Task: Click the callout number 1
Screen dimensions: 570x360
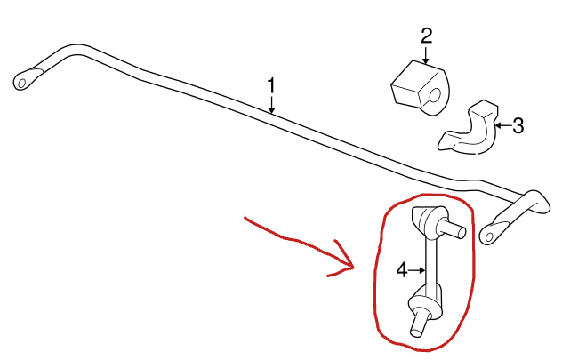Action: point(271,85)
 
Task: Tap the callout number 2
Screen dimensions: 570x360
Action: point(427,36)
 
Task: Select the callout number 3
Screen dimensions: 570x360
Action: point(518,125)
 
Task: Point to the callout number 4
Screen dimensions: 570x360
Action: point(402,270)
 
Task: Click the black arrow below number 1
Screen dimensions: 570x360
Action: point(271,105)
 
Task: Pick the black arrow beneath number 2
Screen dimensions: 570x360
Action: point(426,55)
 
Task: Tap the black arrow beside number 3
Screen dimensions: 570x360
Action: point(503,125)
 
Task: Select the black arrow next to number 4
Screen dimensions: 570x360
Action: point(417,270)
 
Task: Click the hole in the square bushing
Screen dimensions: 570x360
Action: point(435,96)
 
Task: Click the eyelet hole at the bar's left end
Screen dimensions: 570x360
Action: point(22,84)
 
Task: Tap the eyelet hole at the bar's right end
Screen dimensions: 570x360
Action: point(489,237)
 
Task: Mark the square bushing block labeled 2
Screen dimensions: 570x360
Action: point(420,89)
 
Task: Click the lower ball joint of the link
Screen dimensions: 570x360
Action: point(425,300)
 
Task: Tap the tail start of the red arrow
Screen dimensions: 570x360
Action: point(245,218)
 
